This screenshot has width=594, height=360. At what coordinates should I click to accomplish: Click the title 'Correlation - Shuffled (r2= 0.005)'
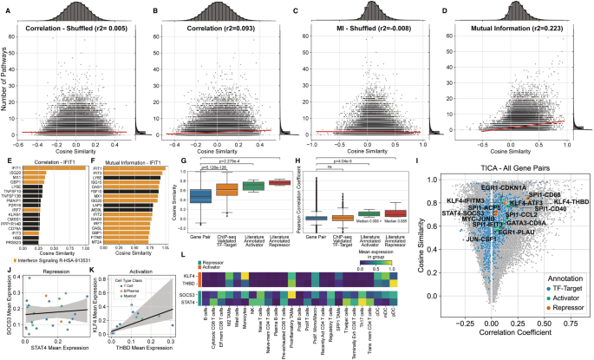(x=75, y=30)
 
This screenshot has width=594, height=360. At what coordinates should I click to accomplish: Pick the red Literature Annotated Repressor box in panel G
(x=279, y=182)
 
